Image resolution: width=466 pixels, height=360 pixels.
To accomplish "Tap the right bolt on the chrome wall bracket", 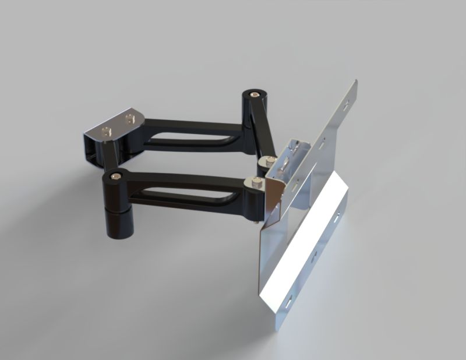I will click(x=129, y=119).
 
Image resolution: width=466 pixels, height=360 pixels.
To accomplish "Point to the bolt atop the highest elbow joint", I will click(x=255, y=93).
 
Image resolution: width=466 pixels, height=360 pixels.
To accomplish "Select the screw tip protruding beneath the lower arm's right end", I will click(x=257, y=220).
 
